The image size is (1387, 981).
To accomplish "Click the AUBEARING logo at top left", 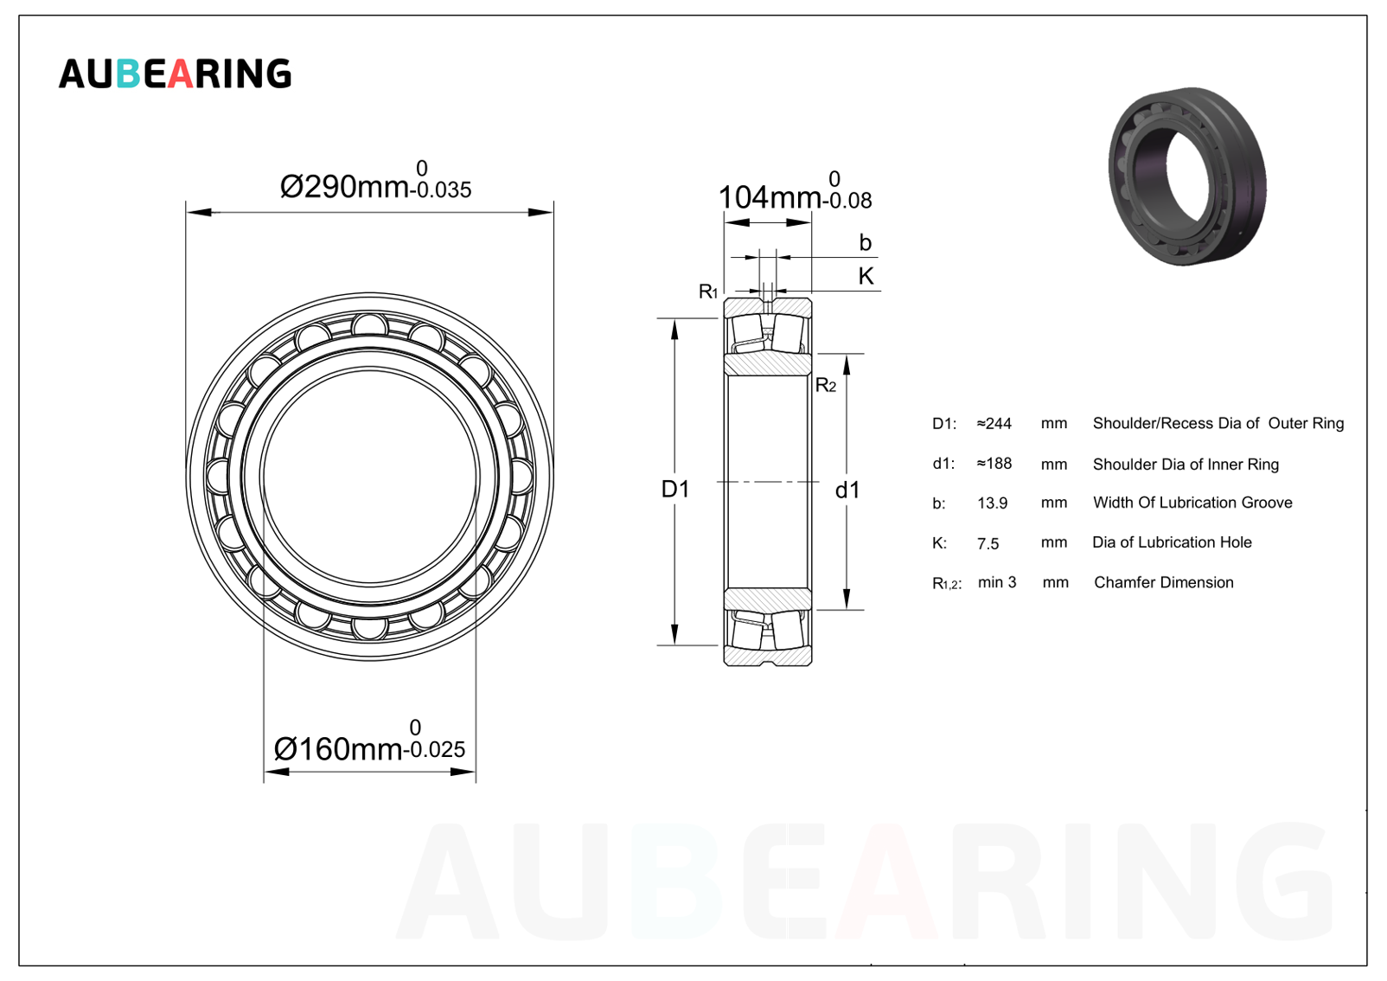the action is click(175, 74).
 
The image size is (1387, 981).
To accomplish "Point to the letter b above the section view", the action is click(865, 242).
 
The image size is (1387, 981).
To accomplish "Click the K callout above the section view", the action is click(866, 276).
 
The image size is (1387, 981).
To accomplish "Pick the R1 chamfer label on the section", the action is click(707, 291).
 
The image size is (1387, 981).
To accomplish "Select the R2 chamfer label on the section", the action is click(826, 385).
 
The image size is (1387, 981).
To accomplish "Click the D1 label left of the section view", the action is click(675, 490).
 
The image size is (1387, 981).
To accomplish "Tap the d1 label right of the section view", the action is click(847, 490).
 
